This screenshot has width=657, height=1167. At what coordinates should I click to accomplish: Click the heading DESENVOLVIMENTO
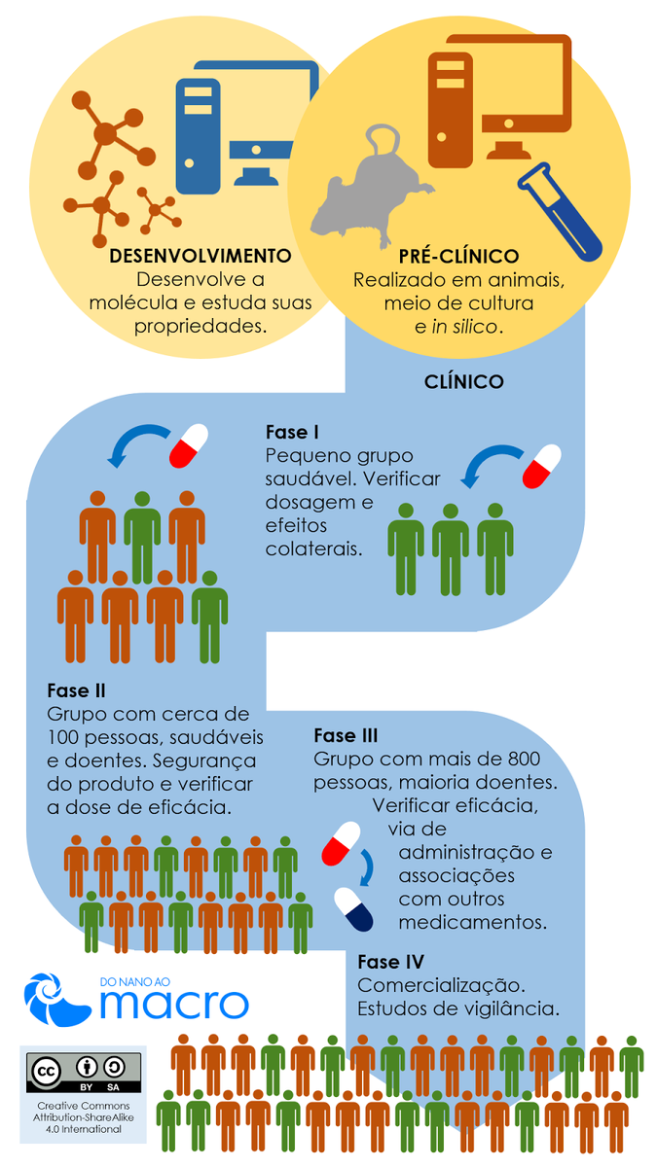201,256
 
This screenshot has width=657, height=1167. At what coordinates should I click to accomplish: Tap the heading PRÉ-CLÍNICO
458,256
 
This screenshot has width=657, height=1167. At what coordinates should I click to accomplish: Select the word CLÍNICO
464,382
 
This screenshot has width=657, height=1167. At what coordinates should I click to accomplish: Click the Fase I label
293,432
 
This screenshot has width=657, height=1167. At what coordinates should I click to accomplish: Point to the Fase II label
76,691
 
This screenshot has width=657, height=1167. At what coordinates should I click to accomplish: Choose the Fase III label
347,735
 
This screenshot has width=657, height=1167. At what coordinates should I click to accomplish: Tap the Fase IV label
391,962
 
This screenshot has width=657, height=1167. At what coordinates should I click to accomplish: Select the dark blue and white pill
353,910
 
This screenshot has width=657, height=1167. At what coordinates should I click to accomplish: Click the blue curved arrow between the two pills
368,866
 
